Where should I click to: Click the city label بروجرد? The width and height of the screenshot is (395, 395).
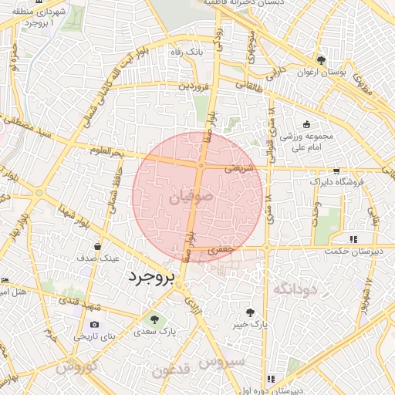click(x=151, y=276)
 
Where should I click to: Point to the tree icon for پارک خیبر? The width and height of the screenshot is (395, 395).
click(x=250, y=312)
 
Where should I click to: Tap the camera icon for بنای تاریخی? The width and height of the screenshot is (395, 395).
click(x=94, y=325)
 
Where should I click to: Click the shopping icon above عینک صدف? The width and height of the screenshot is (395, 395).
click(x=97, y=246)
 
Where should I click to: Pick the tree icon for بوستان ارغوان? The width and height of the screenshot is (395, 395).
click(x=321, y=61)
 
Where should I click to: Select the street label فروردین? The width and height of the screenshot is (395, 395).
click(x=194, y=86)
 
